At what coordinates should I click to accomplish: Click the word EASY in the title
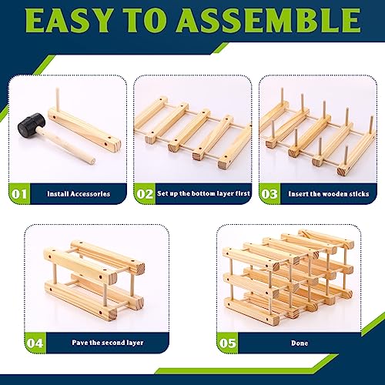[x=69, y=21]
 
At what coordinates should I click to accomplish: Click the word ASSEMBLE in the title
[x=269, y=21]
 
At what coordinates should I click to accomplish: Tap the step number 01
[x=19, y=194]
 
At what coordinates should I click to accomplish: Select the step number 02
[x=145, y=194]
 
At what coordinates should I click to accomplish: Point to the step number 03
[x=269, y=194]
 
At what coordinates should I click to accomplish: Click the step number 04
[x=35, y=343]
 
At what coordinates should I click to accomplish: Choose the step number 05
[x=227, y=343]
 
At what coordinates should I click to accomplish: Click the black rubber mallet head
[x=32, y=124]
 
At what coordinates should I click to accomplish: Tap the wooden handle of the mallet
[x=66, y=146]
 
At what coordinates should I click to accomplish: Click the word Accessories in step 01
[x=90, y=194]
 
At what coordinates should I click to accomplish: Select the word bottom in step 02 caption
[x=203, y=193]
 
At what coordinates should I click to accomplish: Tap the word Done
[x=300, y=343]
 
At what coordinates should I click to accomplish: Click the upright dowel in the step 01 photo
[x=58, y=99]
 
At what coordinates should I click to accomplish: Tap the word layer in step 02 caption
[x=225, y=194]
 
